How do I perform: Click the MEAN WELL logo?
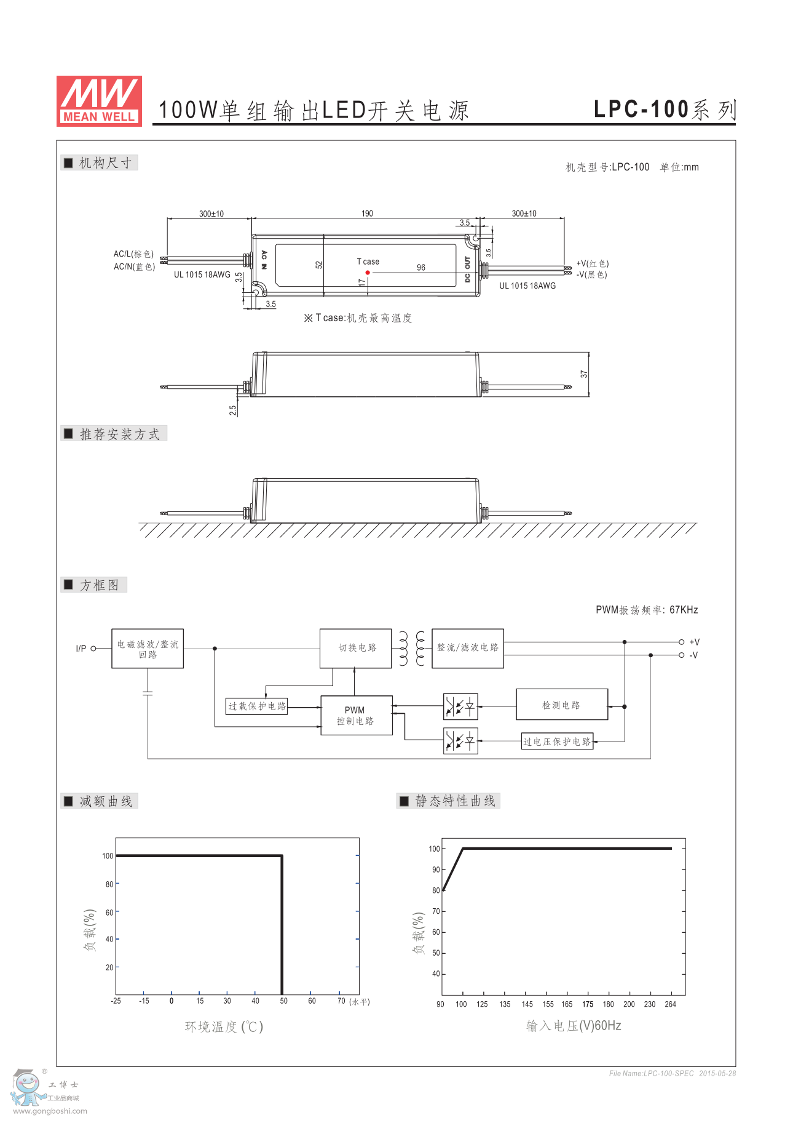coord(99,101)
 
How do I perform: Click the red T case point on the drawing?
coord(368,273)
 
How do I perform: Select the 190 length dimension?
coord(367,214)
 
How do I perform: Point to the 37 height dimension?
coord(584,374)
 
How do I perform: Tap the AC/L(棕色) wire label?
coord(133,254)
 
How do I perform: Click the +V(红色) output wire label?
coord(593,263)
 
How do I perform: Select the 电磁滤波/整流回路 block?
coord(148,649)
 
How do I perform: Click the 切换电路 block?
coord(356,648)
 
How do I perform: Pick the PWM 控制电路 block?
coord(356,715)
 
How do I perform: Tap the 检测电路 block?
coord(562,705)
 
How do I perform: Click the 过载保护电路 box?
coord(257,706)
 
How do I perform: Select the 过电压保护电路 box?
coord(557,741)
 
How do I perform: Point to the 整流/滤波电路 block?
coord(468,648)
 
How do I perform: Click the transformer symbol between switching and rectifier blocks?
coord(412,648)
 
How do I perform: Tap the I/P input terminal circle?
coord(93,649)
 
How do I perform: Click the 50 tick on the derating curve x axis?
coord(283,1001)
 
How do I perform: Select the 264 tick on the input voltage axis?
coord(670,1004)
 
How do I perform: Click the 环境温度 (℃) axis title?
coord(224,1026)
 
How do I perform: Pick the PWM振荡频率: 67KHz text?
coord(647,610)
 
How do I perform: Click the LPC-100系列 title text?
coord(665,110)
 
